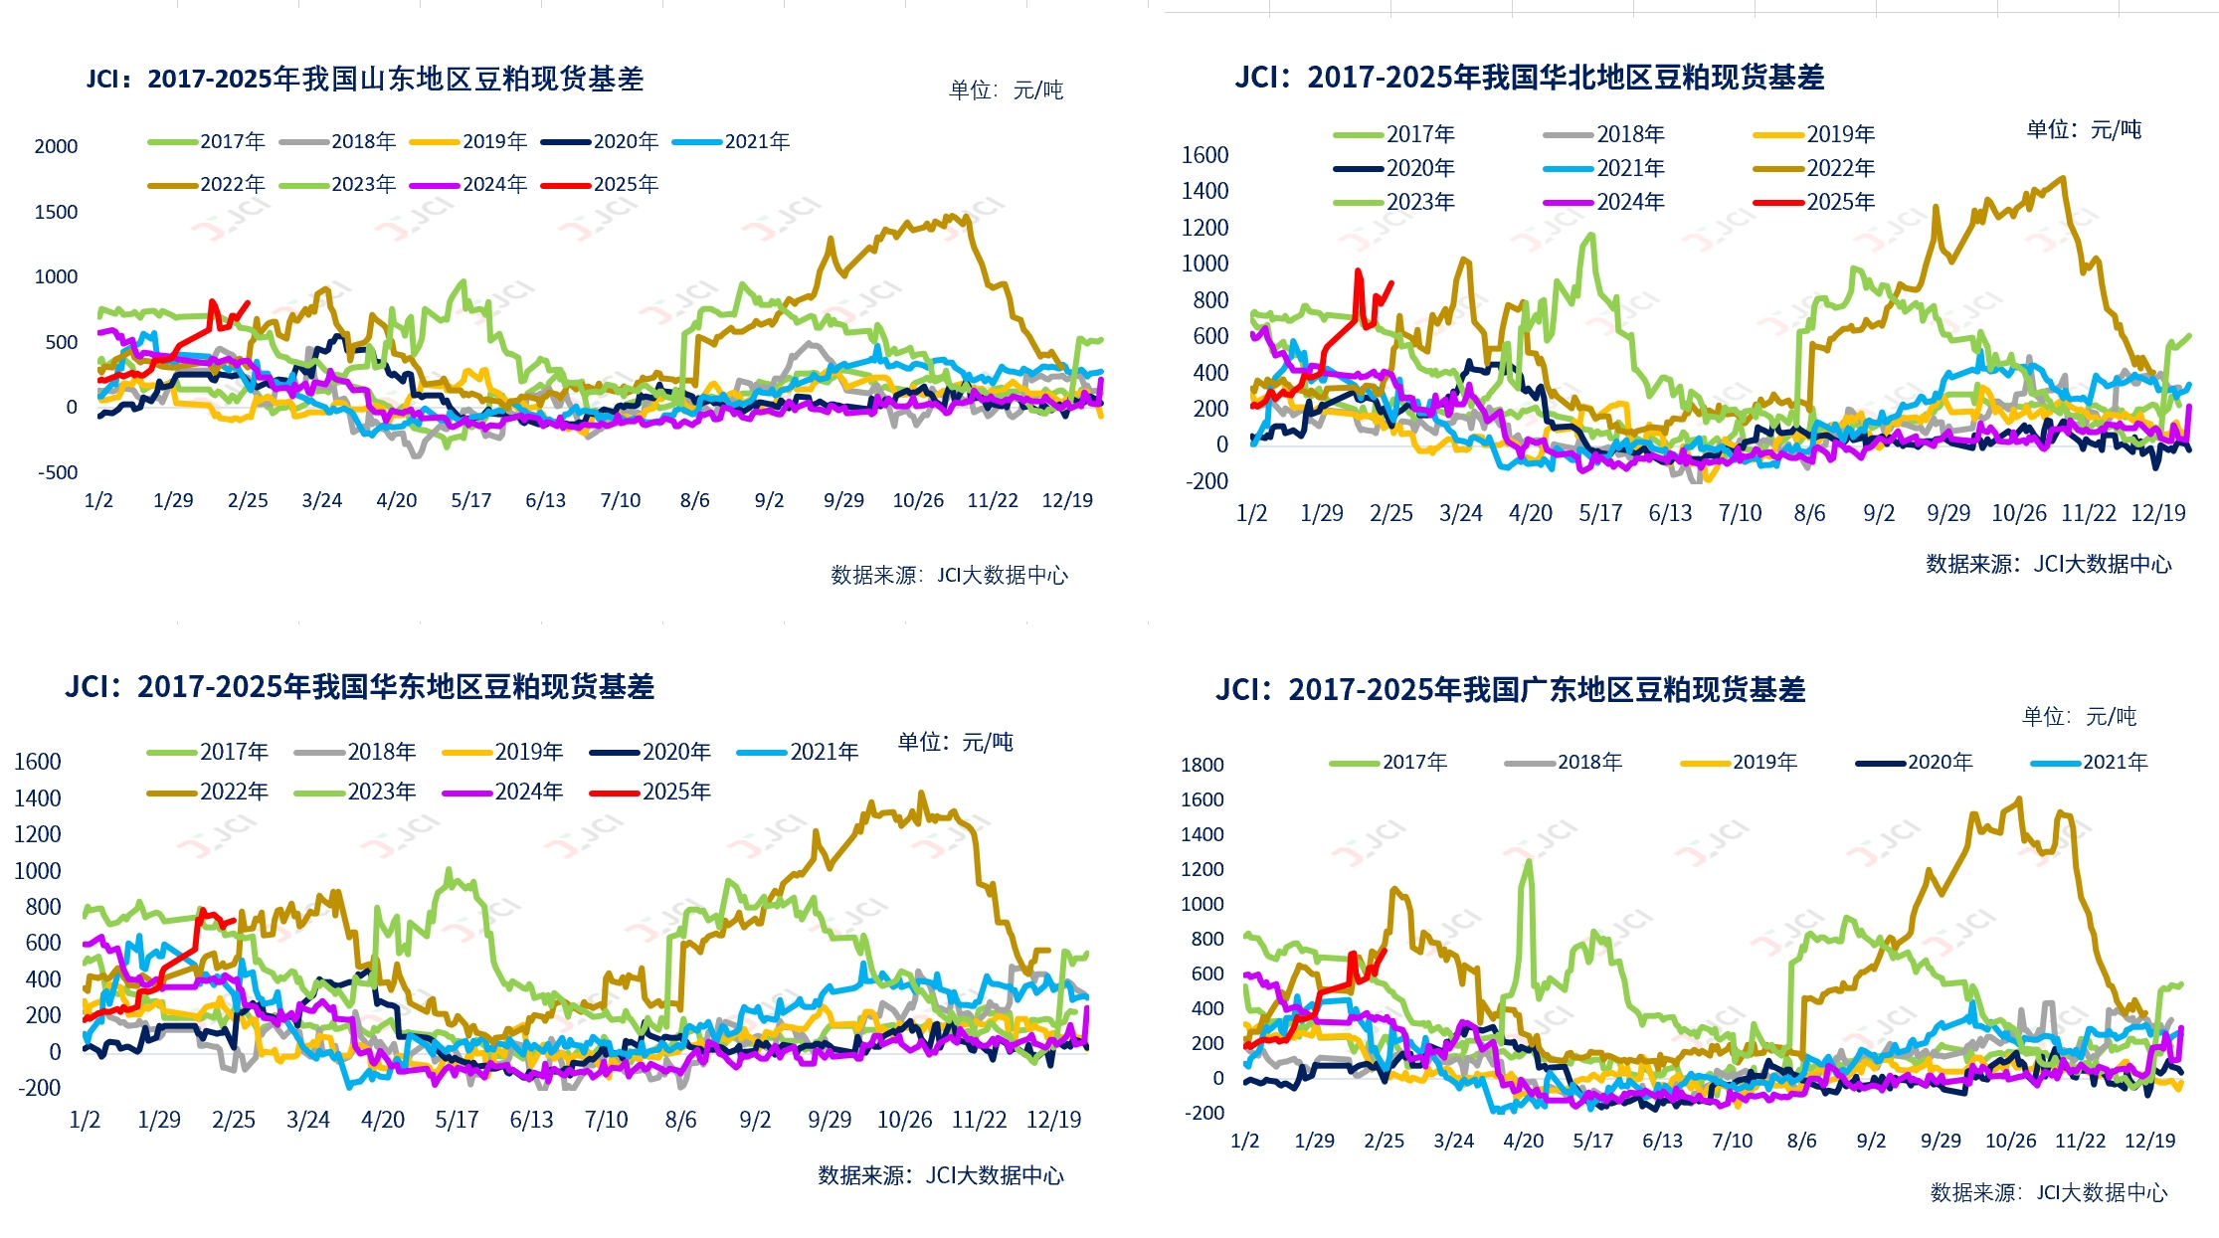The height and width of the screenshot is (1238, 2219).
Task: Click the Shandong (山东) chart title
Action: [x=365, y=79]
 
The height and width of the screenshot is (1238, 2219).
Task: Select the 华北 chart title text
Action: [x=1529, y=78]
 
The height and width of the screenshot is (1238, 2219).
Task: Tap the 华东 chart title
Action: [x=359, y=687]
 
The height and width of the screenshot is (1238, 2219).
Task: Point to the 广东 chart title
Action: [x=1510, y=690]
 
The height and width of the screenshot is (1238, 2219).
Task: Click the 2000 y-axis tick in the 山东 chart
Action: [x=56, y=146]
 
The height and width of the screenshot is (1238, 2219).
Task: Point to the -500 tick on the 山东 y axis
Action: [x=58, y=472]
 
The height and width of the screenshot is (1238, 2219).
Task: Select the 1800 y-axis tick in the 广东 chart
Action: [x=1202, y=765]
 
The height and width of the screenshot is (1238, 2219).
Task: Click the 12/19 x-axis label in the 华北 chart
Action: [x=2157, y=514]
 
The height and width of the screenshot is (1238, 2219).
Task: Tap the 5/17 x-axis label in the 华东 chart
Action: [x=457, y=1121]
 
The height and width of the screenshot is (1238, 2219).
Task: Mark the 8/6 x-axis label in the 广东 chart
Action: [x=1801, y=1142]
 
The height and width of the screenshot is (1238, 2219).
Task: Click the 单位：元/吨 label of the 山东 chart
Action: [x=1006, y=90]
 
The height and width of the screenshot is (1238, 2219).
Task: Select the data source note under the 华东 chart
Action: [x=940, y=1176]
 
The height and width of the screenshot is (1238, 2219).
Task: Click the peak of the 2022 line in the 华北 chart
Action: [x=2062, y=179]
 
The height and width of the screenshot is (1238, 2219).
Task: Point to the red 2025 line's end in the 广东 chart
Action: [x=1385, y=950]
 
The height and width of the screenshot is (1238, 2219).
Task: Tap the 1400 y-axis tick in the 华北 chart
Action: [x=1204, y=191]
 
